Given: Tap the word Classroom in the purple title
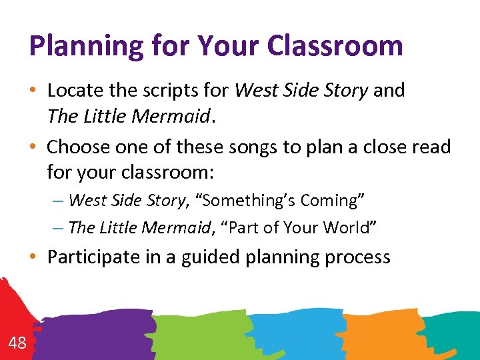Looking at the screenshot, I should pos(335,45).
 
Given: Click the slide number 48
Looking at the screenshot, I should pos(17,343).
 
